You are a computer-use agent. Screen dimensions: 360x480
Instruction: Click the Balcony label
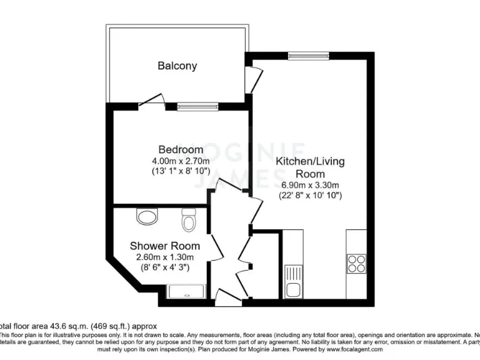(x=177, y=66)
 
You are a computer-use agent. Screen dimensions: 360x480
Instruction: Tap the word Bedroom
(x=181, y=149)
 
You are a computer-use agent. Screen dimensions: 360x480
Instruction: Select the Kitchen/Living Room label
(x=310, y=167)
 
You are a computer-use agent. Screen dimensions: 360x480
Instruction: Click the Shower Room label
(x=165, y=246)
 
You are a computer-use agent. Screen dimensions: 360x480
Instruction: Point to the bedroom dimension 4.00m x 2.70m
(x=181, y=161)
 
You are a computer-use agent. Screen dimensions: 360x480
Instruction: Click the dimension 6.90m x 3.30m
(x=310, y=185)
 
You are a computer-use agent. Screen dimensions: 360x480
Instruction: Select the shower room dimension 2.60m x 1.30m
(x=165, y=257)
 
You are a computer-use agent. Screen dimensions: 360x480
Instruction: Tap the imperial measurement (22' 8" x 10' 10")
(x=310, y=195)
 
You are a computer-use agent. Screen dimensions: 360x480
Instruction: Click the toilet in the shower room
(x=189, y=220)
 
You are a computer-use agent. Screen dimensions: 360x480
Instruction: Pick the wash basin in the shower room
(x=147, y=217)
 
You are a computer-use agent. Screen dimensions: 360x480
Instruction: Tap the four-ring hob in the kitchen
(x=357, y=264)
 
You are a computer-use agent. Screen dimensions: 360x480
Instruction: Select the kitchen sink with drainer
(x=293, y=281)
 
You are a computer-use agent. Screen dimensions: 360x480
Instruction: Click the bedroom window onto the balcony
(x=197, y=107)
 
